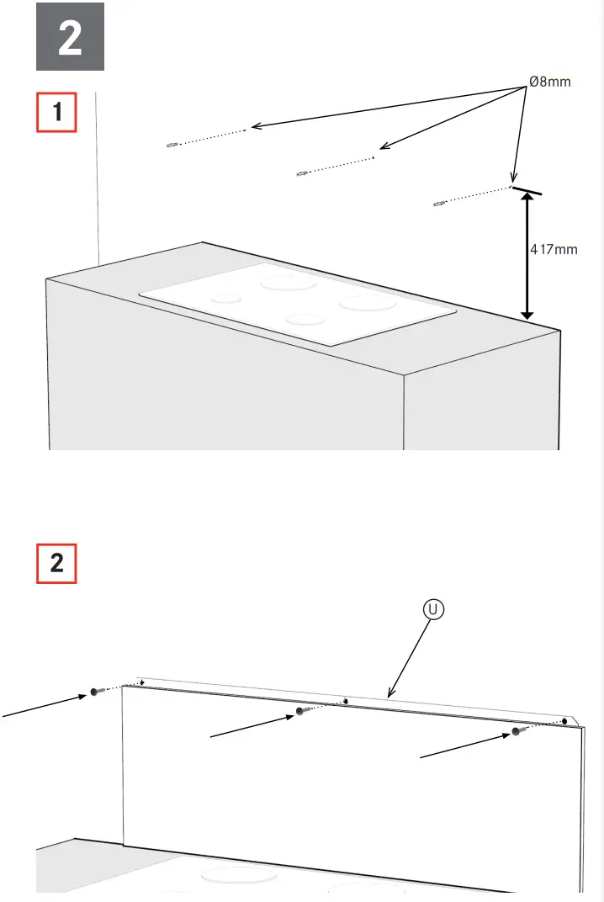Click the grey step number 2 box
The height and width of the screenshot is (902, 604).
click(x=70, y=36)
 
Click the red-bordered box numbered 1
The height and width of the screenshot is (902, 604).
click(x=56, y=112)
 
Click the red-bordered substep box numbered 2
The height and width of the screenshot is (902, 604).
click(x=56, y=563)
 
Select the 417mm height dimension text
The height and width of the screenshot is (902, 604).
click(x=554, y=249)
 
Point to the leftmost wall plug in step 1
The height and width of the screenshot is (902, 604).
click(x=172, y=145)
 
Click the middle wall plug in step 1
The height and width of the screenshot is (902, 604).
click(x=300, y=173)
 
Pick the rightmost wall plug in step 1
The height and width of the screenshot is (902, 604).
click(x=437, y=204)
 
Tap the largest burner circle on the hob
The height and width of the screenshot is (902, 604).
click(x=282, y=282)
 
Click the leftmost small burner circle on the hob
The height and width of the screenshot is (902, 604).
click(x=226, y=297)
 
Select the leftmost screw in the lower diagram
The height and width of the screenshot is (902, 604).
click(x=95, y=692)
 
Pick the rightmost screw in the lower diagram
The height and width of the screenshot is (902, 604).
click(x=518, y=732)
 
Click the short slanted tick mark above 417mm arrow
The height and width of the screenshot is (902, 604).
click(x=526, y=190)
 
